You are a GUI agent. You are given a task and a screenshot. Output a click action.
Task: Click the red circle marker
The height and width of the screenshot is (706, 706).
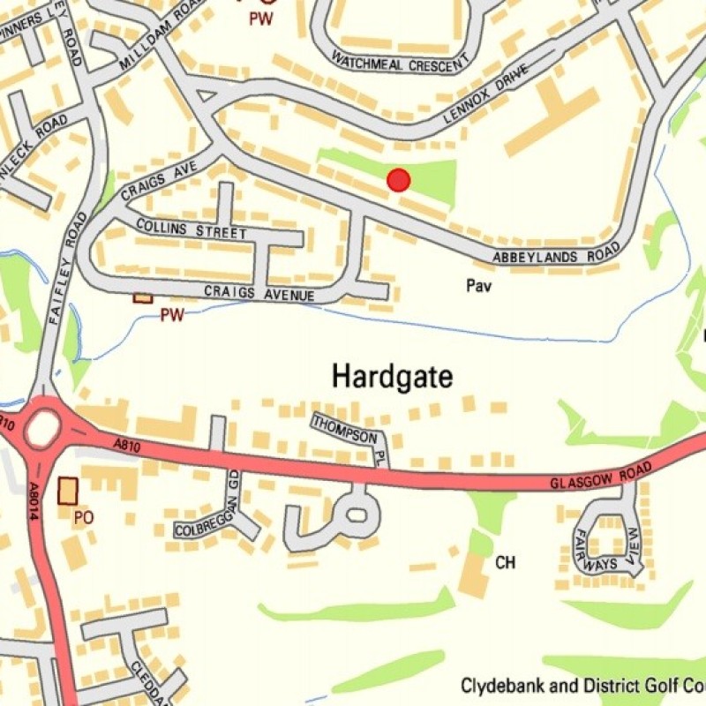tap(399, 180)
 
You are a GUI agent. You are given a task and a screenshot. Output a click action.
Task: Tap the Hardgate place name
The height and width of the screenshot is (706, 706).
tap(392, 377)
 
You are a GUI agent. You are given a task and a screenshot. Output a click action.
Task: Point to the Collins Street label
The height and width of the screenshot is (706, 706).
tap(191, 229)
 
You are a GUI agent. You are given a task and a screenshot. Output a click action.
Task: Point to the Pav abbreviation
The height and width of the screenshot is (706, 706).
tap(478, 286)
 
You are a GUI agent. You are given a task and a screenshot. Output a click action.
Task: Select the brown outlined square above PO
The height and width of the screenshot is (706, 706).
tap(67, 491)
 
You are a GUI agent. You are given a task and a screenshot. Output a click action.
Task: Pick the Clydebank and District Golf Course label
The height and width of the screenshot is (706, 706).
tap(582, 686)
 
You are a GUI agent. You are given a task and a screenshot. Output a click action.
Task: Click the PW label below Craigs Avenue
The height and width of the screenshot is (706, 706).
tap(171, 315)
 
